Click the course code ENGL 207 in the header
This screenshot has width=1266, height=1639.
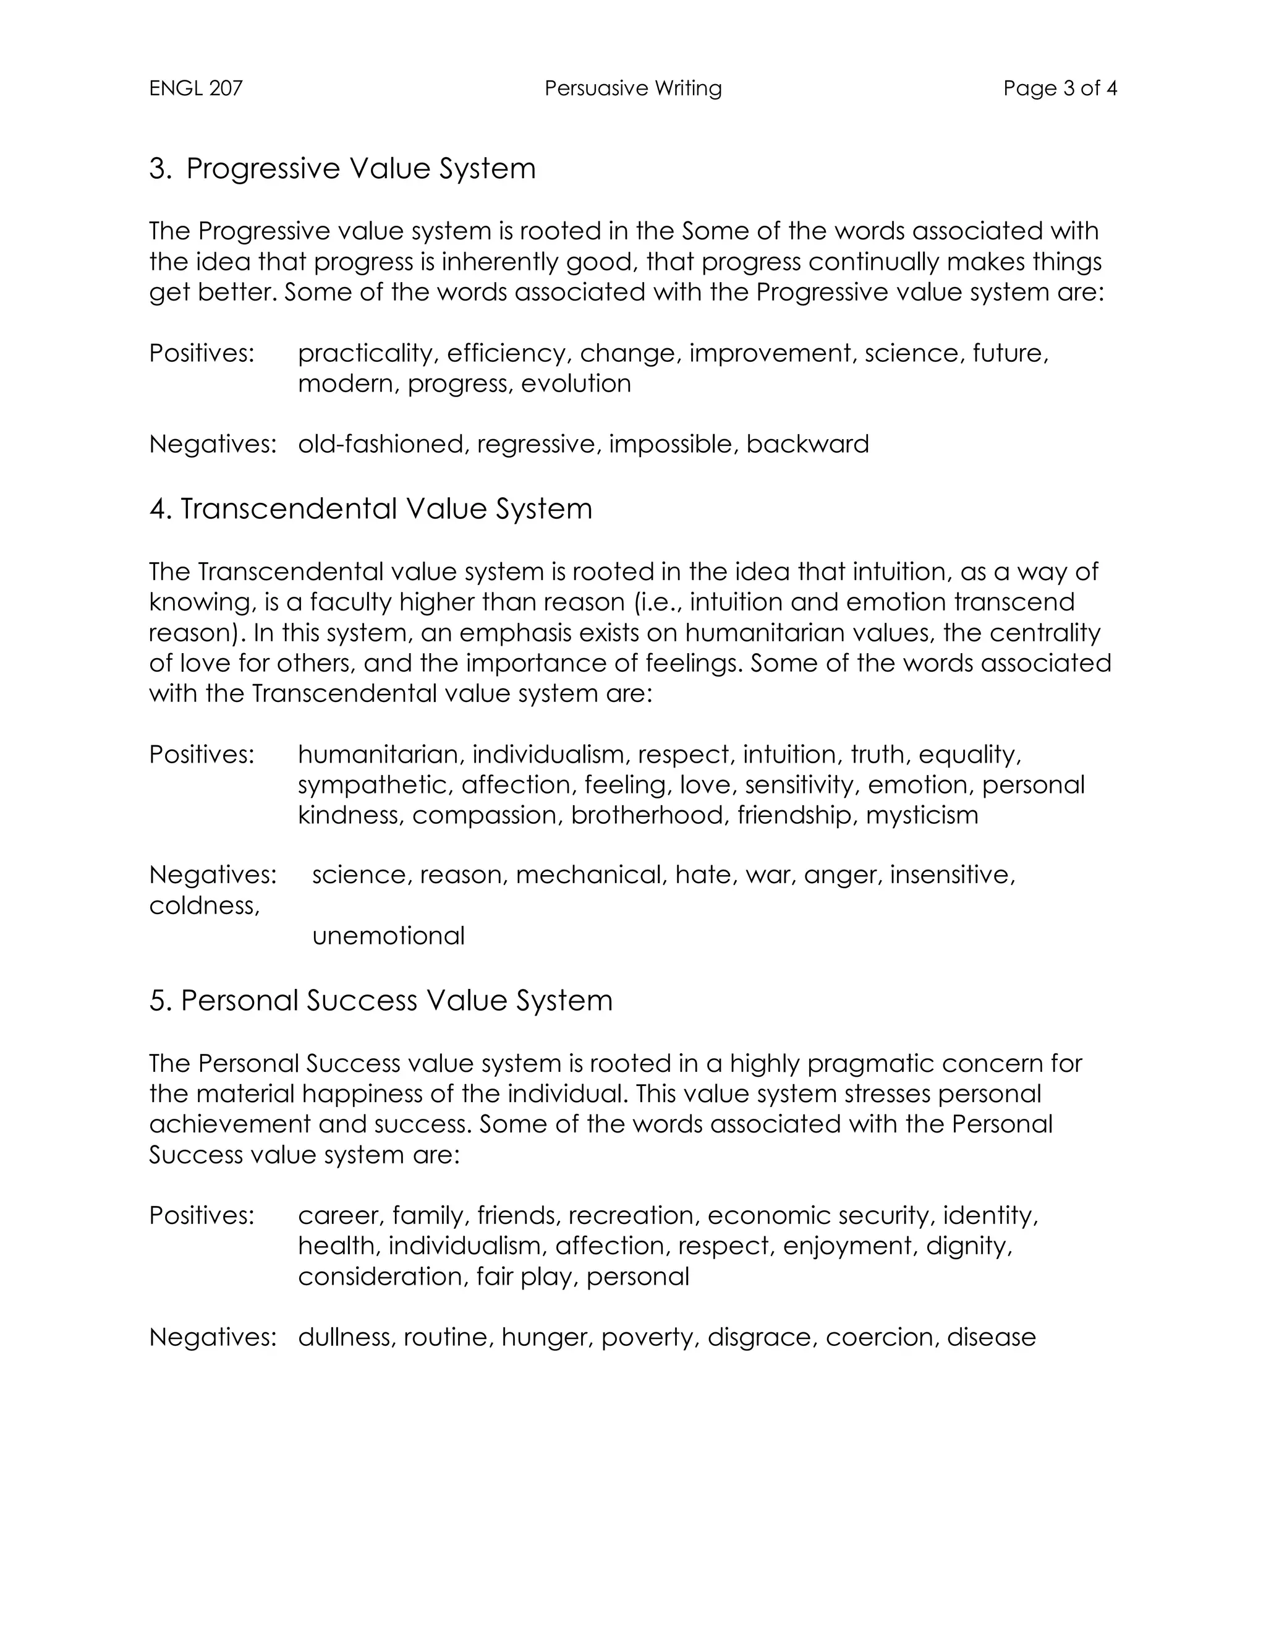196,88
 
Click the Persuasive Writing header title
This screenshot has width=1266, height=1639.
633,88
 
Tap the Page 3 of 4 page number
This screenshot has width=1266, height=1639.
1060,88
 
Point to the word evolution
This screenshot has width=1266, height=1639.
576,384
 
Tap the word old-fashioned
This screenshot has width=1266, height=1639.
383,444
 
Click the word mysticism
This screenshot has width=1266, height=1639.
922,815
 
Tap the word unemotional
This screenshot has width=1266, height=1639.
388,936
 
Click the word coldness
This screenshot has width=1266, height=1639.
204,907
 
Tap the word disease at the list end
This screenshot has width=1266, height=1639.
991,1337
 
